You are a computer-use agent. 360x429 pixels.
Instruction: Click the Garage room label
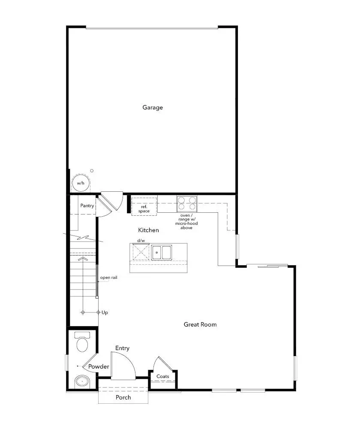pyautogui.click(x=153, y=108)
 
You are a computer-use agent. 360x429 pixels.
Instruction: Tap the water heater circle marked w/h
pyautogui.click(x=80, y=183)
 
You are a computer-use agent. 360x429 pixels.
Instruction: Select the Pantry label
pyautogui.click(x=87, y=206)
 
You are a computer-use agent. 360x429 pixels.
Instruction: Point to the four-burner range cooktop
pyautogui.click(x=187, y=204)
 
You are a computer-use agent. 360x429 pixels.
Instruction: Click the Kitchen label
pyautogui.click(x=148, y=230)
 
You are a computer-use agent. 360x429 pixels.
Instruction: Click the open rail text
pyautogui.click(x=108, y=278)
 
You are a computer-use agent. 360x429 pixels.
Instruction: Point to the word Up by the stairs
pyautogui.click(x=105, y=313)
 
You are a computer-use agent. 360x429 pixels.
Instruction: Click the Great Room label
pyautogui.click(x=200, y=324)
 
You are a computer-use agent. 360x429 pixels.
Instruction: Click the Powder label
pyautogui.click(x=99, y=367)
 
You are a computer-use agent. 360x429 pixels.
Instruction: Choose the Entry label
pyautogui.click(x=122, y=348)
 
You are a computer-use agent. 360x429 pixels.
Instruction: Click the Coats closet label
pyautogui.click(x=163, y=377)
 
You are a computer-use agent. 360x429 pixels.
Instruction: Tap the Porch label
pyautogui.click(x=123, y=397)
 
